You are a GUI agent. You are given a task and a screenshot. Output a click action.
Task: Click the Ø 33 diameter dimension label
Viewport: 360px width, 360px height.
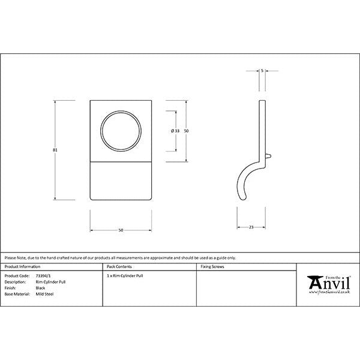(175, 130)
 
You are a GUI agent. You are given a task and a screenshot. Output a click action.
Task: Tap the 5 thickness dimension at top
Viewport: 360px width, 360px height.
(262, 71)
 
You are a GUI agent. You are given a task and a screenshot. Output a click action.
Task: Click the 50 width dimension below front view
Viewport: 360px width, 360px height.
(120, 230)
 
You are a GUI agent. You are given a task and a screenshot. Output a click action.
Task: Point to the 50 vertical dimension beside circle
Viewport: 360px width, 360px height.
(186, 130)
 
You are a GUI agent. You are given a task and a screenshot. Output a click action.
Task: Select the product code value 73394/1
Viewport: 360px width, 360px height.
(44, 276)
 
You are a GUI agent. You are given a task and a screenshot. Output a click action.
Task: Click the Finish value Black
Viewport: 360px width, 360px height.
(41, 288)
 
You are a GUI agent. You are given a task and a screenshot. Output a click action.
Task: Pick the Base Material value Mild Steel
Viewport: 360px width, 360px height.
(45, 294)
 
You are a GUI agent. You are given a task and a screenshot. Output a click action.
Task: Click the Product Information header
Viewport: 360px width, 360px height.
(22, 266)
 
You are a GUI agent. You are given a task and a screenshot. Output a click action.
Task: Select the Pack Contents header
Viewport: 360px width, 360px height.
(119, 266)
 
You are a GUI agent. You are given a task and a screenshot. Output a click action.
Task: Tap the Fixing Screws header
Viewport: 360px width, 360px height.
(212, 266)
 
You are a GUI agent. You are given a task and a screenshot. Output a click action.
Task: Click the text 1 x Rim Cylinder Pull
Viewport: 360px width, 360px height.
(125, 276)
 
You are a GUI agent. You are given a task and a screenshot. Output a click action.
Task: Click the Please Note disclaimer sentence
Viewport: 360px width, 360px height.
(120, 257)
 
